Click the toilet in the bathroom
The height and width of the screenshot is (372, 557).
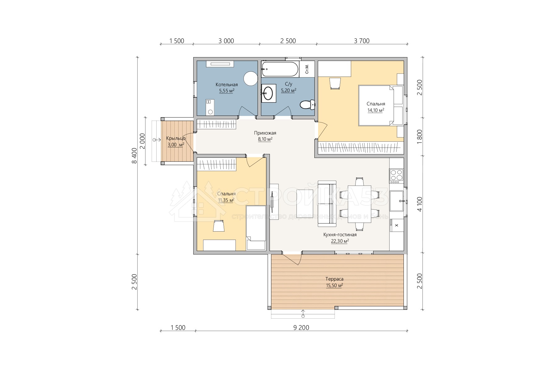click(307, 104)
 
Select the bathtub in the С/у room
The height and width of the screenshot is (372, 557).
click(280, 69)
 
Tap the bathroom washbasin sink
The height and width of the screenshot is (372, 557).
click(268, 92)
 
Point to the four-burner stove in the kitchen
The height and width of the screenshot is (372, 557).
click(396, 175)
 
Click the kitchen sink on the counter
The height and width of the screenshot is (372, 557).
click(397, 201)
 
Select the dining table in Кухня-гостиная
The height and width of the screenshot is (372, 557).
click(359, 204)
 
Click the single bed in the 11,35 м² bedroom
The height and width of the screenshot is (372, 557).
click(256, 228)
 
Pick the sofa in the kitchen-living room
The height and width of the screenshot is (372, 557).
click(327, 204)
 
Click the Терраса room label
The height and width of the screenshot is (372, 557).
click(335, 279)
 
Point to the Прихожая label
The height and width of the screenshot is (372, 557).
click(265, 133)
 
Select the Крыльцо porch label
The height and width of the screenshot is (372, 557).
click(176, 139)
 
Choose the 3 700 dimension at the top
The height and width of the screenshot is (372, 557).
click(361, 41)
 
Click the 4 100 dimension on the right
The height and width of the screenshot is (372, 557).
click(420, 205)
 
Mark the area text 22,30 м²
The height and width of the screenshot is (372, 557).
click(340, 241)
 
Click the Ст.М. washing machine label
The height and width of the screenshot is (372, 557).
click(307, 69)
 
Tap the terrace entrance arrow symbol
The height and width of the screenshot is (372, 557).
click(303, 313)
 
